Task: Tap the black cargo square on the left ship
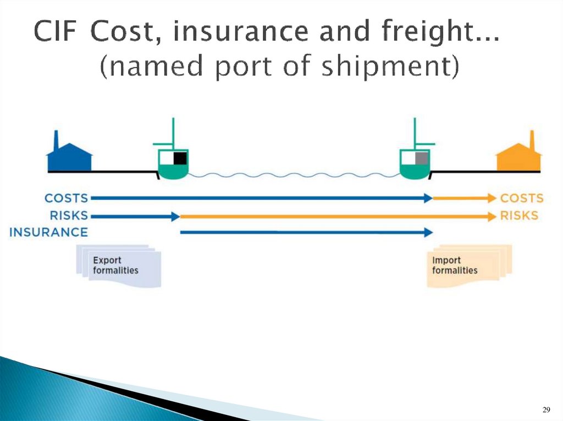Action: point(180,159)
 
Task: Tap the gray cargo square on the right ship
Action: point(422,159)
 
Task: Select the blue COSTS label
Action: point(66,198)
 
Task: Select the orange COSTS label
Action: point(522,198)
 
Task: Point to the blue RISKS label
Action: point(69,216)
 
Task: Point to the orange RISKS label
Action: point(519,216)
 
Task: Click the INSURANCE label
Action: point(48,232)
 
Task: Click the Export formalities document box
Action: point(118,266)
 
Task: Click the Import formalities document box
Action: point(467,266)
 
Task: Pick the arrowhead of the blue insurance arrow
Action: point(429,233)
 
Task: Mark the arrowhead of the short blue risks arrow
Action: point(176,216)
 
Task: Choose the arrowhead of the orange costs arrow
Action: point(492,198)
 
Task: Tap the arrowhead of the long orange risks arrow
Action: point(492,216)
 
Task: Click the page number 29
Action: point(546,409)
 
